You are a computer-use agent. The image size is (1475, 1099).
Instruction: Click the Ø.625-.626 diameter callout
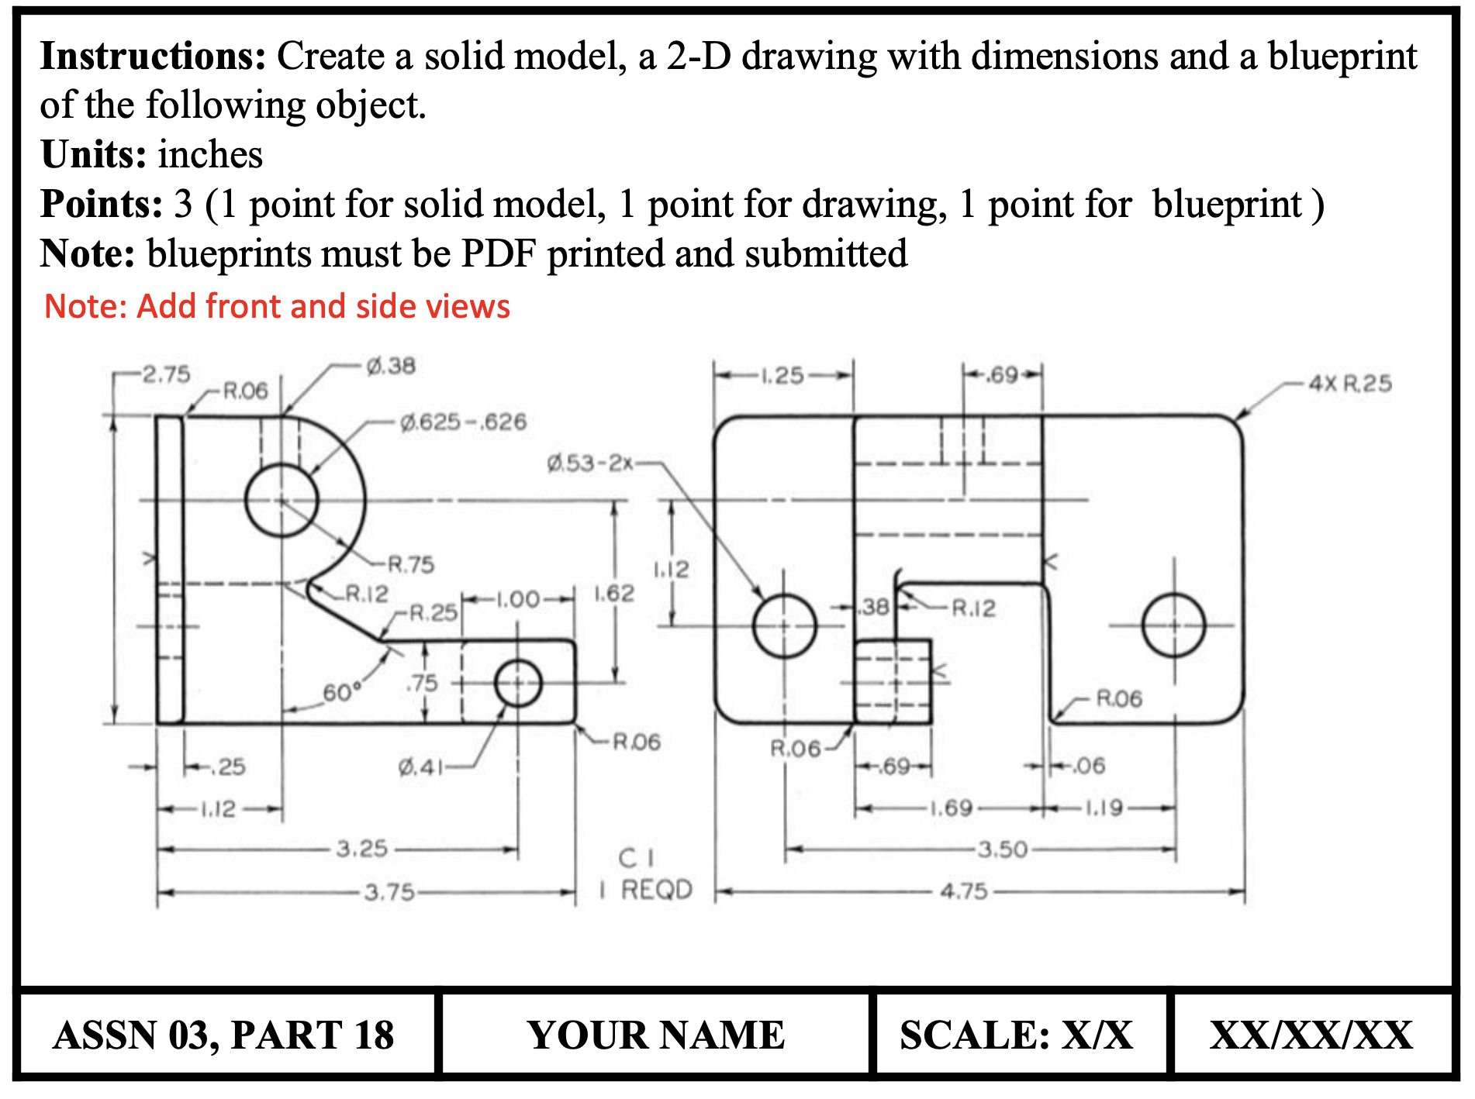[x=463, y=422]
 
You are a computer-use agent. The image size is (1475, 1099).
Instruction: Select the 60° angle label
[x=342, y=691]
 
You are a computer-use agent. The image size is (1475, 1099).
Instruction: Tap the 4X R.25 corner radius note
[x=1349, y=384]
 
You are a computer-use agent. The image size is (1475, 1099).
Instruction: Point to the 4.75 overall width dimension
[x=964, y=891]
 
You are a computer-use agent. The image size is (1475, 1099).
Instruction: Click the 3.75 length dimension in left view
[x=389, y=892]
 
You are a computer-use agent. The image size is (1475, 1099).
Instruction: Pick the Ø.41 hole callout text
[x=420, y=767]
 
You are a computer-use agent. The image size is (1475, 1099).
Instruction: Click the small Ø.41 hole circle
[x=517, y=683]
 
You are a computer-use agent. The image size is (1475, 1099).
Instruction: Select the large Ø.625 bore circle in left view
[x=282, y=500]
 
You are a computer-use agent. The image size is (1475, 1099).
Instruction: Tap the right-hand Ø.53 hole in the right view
[x=1173, y=625]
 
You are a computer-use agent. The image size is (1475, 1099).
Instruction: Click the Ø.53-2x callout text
[x=589, y=463]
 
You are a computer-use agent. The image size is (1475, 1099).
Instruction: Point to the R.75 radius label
[x=410, y=564]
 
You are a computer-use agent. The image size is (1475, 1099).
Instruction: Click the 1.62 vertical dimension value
[x=614, y=594]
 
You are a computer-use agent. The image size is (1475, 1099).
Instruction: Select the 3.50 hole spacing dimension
[x=1002, y=849]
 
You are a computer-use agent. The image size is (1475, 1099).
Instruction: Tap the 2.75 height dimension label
[x=166, y=374]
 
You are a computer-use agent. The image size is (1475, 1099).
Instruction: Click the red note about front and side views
[x=277, y=306]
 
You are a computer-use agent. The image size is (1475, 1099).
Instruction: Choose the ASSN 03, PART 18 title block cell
[x=224, y=1035]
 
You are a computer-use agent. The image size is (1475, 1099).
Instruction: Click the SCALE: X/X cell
[x=1017, y=1035]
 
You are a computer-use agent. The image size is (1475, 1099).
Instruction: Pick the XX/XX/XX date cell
[x=1311, y=1035]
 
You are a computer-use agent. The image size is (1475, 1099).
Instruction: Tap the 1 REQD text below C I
[x=646, y=890]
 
